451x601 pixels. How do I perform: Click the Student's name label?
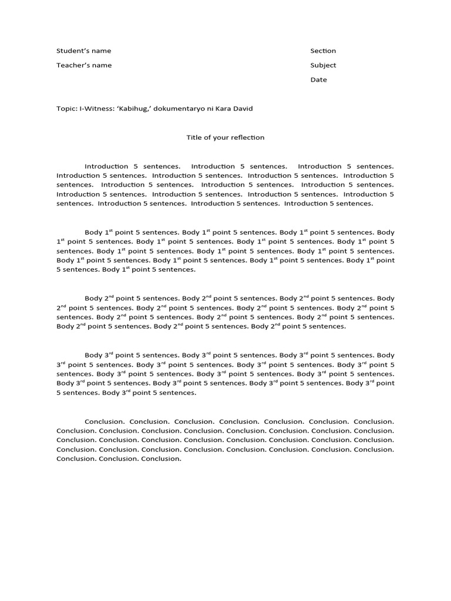coord(83,51)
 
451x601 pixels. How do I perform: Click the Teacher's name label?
coord(84,65)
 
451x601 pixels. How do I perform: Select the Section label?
coord(323,51)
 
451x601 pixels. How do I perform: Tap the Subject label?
coord(323,65)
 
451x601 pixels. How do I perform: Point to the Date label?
coord(318,80)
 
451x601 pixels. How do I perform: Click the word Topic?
coord(66,109)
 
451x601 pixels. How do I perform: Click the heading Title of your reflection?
coord(225,138)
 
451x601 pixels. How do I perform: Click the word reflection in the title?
coord(249,138)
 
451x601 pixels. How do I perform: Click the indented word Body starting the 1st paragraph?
coord(93,232)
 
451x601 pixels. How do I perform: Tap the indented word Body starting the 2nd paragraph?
coord(93,299)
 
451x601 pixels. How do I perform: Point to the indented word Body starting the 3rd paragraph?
coord(93,355)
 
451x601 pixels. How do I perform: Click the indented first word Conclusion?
coord(104,421)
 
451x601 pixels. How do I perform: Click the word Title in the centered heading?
coord(194,138)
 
